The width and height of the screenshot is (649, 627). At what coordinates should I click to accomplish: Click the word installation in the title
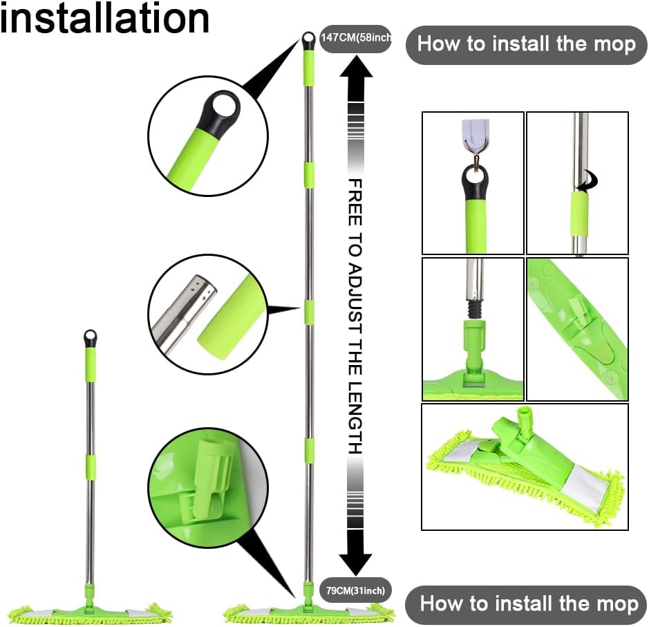[x=105, y=18]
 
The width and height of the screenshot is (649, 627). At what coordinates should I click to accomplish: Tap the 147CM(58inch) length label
[x=355, y=38]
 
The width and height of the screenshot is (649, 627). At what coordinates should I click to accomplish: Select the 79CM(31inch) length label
[x=355, y=590]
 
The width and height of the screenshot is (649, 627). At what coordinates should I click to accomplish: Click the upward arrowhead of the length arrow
[x=356, y=68]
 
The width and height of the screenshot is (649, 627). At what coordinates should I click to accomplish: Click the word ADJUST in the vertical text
[x=355, y=299]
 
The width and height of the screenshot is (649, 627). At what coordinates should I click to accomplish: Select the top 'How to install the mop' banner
[x=526, y=44]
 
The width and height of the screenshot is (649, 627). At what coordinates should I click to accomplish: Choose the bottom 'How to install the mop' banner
[x=526, y=603]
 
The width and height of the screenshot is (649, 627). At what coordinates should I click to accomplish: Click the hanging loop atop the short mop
[x=91, y=338]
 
